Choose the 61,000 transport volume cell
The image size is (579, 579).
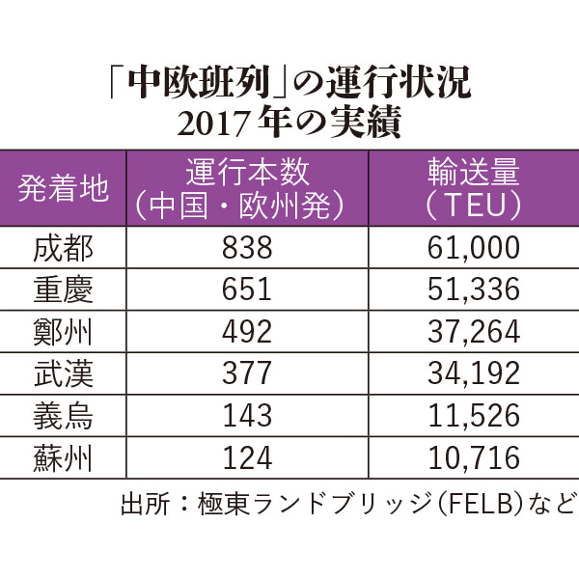coord(473,249)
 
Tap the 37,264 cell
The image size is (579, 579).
coord(473,331)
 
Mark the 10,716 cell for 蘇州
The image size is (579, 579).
coord(473,455)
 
